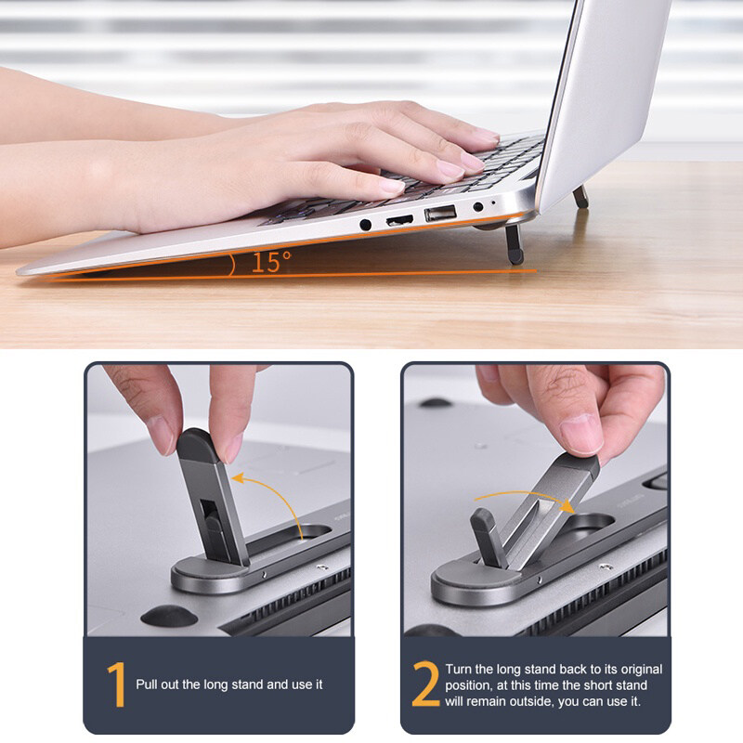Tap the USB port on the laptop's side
pyautogui.click(x=440, y=214)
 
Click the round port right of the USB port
pyautogui.click(x=478, y=206)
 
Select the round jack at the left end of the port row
pyautogui.click(x=365, y=225)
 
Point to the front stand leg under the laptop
pyautogui.click(x=515, y=244)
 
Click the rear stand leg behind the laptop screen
pyautogui.click(x=581, y=196)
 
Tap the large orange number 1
pyautogui.click(x=117, y=684)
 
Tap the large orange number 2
pyautogui.click(x=425, y=684)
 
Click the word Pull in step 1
pyautogui.click(x=147, y=684)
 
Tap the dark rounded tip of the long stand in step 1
pyautogui.click(x=198, y=446)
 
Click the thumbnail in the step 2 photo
pyautogui.click(x=580, y=435)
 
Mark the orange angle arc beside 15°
pyautogui.click(x=231, y=266)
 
